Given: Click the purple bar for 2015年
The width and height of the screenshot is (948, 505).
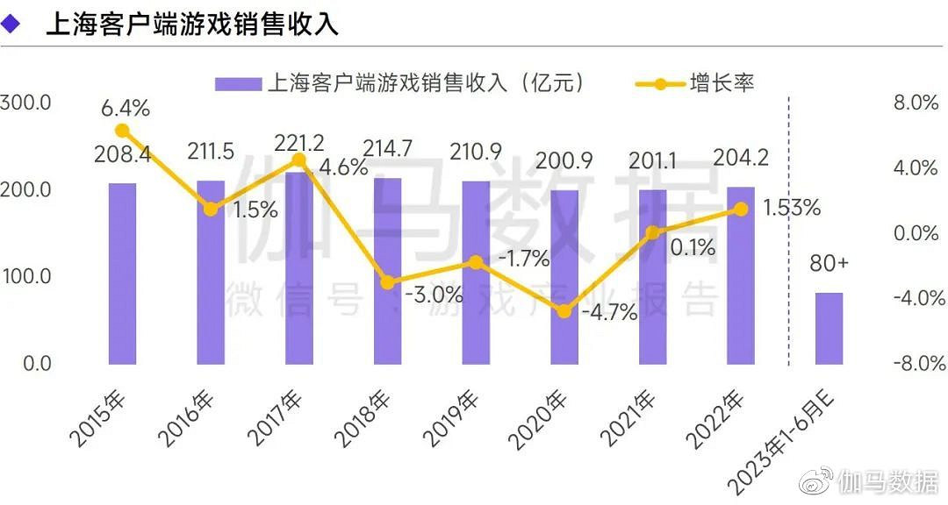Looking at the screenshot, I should tap(122, 273).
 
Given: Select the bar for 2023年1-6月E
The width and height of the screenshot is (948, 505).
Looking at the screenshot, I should tap(829, 328).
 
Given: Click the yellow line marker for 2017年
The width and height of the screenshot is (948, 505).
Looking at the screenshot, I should tap(298, 160).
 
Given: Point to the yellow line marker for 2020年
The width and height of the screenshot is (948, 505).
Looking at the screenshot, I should tap(564, 311).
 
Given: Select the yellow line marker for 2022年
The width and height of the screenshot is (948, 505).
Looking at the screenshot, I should tap(741, 209).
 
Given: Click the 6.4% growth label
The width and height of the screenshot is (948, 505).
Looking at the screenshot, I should tap(125, 109).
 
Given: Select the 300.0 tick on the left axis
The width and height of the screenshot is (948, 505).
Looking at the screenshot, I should tap(26, 103).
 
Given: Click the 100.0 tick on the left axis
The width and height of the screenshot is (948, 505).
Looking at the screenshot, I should tap(26, 276).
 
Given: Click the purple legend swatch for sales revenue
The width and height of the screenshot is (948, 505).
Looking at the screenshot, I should tap(238, 84).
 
